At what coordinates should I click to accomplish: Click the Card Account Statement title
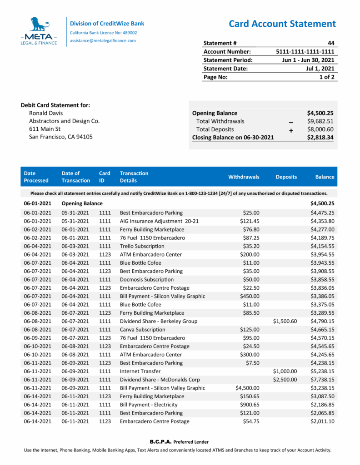(x=282, y=24)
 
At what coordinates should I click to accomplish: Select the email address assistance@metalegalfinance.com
(x=103, y=41)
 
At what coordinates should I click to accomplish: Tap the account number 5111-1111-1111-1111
(x=305, y=51)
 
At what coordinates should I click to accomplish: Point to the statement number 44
(x=330, y=43)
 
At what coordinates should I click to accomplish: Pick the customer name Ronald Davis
(x=46, y=113)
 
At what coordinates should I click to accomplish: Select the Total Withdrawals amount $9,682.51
(x=320, y=121)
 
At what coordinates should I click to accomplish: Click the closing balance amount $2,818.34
(x=320, y=138)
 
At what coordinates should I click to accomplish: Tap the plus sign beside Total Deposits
(x=291, y=130)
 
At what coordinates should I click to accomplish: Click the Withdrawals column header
(x=244, y=177)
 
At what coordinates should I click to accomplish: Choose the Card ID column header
(x=105, y=177)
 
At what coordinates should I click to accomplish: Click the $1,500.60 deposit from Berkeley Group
(x=285, y=321)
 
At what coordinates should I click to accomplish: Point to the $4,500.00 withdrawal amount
(x=247, y=388)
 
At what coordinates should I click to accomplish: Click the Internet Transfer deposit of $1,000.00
(x=285, y=371)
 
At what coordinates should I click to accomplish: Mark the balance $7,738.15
(x=322, y=380)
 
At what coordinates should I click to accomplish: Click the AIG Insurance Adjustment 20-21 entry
(x=159, y=221)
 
